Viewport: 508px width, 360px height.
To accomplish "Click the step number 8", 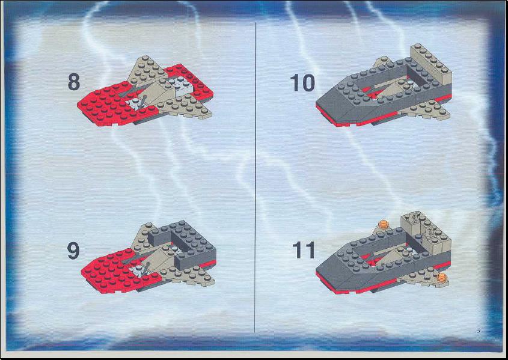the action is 74,82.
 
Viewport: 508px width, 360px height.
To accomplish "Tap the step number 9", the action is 73,251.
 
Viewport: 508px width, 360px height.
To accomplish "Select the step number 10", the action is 302,82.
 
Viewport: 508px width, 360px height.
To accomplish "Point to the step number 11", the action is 304,249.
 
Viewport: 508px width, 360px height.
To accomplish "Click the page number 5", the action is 478,331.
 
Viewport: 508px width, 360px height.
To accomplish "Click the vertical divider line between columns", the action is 256,177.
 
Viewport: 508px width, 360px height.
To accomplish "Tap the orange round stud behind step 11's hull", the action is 384,224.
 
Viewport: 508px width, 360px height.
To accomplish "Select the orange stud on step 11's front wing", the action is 441,278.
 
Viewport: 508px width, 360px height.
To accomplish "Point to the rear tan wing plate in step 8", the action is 144,72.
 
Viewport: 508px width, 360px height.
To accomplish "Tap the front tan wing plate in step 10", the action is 424,111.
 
